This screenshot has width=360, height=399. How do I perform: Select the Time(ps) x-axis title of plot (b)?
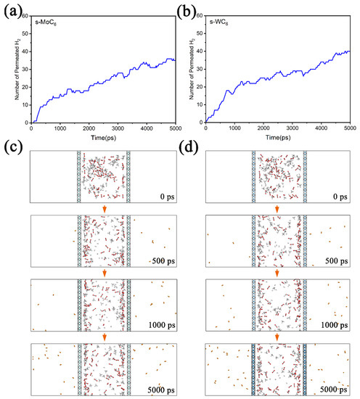pyautogui.click(x=277, y=137)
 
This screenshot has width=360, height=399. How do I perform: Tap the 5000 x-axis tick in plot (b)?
pyautogui.click(x=348, y=128)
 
